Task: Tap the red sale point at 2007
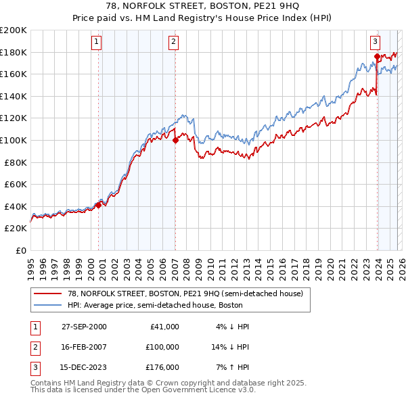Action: coord(175,141)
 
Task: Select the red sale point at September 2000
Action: coord(99,205)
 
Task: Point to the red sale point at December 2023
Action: coord(377,56)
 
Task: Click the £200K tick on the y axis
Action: coord(14,30)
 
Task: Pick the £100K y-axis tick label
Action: coord(14,140)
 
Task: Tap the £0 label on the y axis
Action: coord(20,250)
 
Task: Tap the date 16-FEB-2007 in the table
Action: coord(84,347)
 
